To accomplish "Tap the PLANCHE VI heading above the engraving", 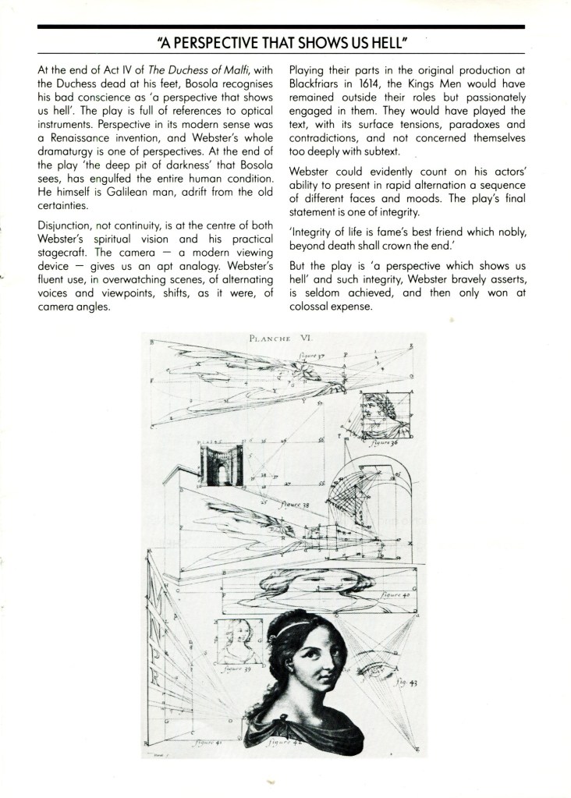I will click(277, 339).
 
